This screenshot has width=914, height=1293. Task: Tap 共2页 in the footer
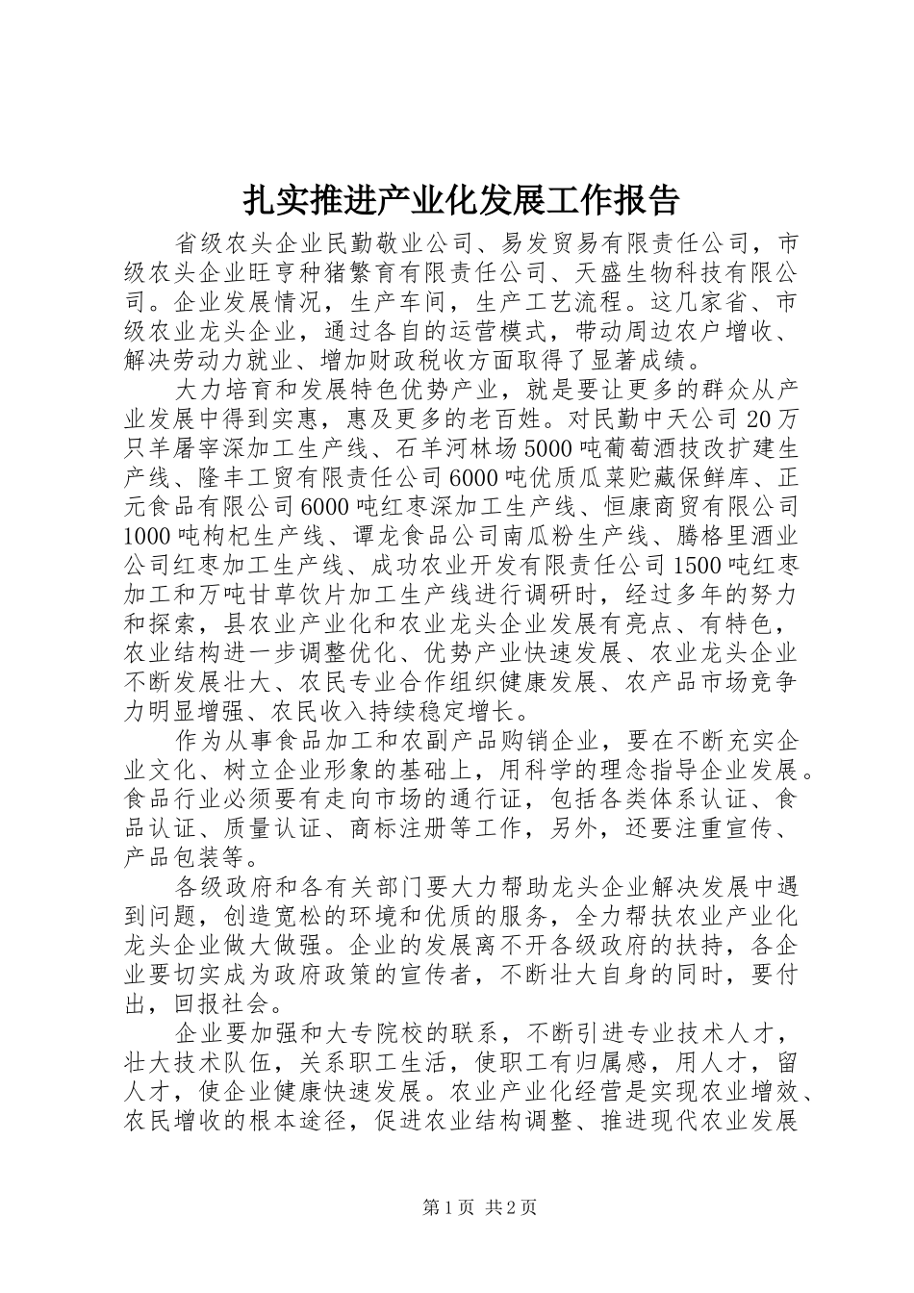[510, 1208]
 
